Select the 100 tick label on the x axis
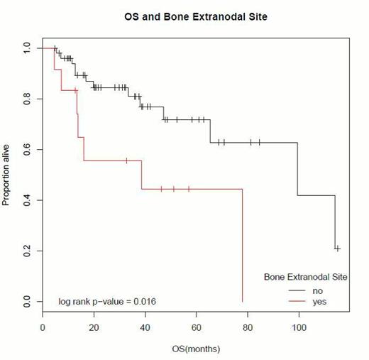point(299,329)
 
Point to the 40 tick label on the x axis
point(145,329)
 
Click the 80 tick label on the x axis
point(248,329)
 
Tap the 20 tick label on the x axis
point(94,329)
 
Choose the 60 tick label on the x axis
point(197,329)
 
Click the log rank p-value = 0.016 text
point(107,302)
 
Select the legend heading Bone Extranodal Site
point(305,276)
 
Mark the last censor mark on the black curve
point(338,248)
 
